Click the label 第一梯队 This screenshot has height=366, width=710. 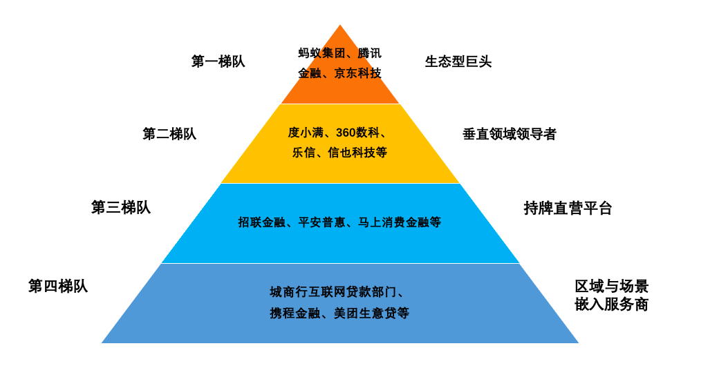coord(218,61)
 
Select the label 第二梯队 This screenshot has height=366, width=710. coord(169,134)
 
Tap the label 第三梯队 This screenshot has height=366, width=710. coord(120,207)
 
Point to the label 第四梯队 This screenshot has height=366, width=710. coord(58,286)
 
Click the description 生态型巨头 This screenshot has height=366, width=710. coord(458,61)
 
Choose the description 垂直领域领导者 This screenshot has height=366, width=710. coord(509,134)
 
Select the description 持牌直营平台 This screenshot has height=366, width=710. coord(568,208)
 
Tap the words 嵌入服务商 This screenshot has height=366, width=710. coord(611,305)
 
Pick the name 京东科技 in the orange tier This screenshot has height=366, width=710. coord(357,73)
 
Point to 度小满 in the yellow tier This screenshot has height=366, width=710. coord(306,133)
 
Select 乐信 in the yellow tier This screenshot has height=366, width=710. coord(303,153)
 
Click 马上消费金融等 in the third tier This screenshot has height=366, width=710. coord(399,222)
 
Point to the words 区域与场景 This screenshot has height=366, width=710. coord(611,286)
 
